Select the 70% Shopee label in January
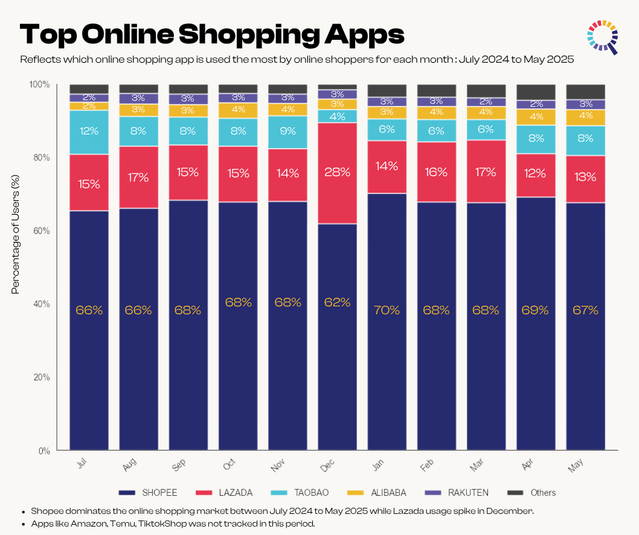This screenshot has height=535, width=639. pos(387,311)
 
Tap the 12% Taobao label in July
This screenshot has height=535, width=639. pos(89,131)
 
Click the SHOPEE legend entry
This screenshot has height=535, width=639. pos(149,493)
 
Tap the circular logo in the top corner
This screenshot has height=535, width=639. pos(603,37)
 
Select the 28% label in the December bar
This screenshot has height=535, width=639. pos(338,173)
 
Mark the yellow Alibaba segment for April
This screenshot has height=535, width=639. pos(536,116)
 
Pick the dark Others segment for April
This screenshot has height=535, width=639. pos(536,92)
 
